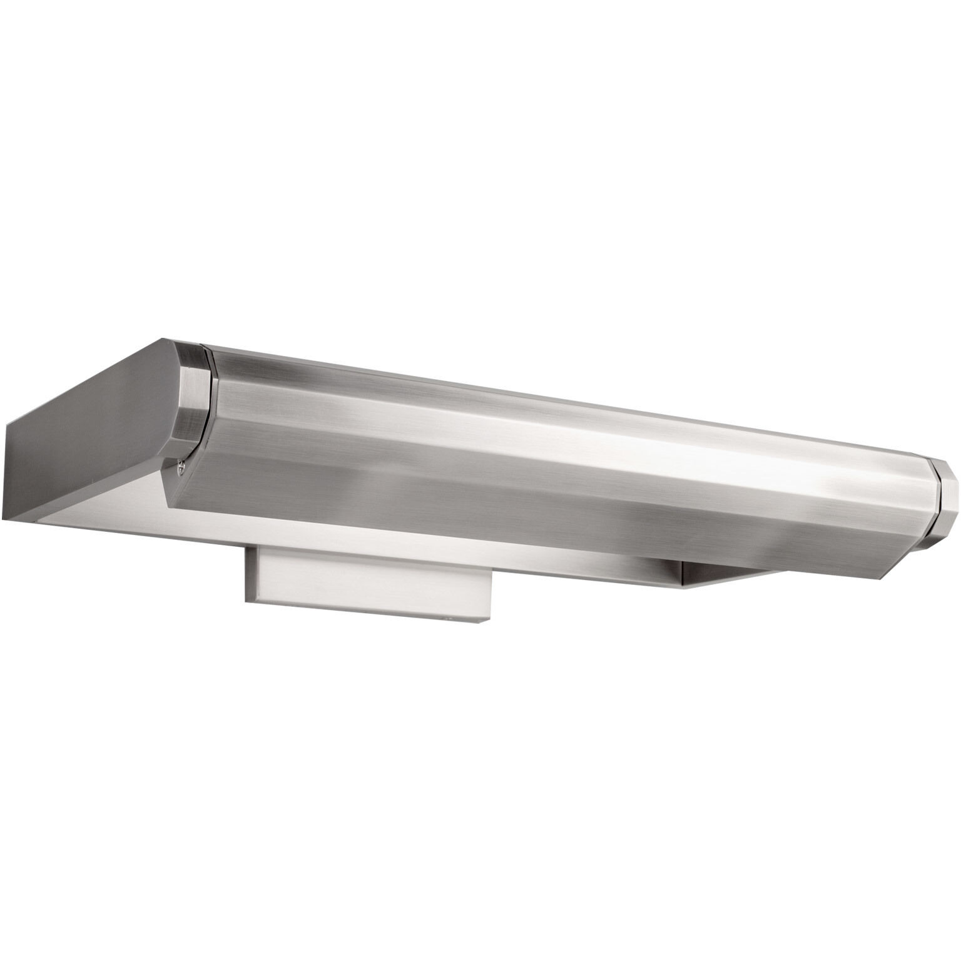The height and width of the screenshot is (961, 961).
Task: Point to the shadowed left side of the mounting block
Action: coord(251,576)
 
